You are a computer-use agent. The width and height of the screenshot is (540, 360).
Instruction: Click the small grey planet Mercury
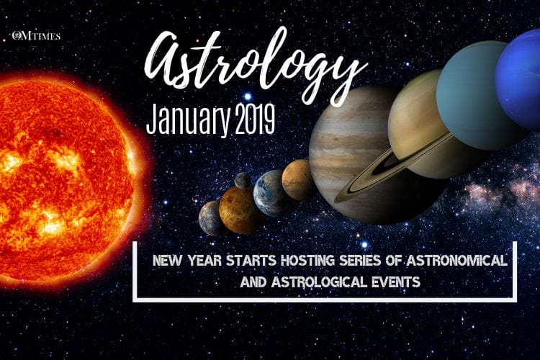tap(211, 218)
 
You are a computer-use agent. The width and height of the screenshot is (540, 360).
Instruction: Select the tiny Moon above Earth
tap(243, 180)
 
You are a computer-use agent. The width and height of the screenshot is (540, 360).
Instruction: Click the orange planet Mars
tap(297, 179)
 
